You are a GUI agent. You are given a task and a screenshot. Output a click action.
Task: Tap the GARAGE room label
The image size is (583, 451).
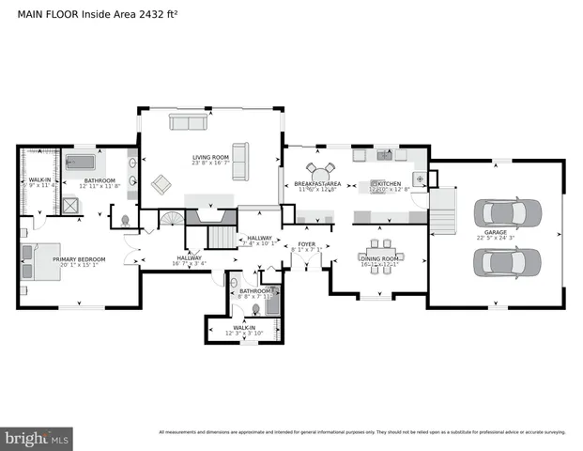pos(496,232)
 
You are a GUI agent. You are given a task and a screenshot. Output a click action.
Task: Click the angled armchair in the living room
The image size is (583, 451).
pos(162,184)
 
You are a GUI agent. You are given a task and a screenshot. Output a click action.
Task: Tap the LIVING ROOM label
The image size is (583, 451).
pos(211,157)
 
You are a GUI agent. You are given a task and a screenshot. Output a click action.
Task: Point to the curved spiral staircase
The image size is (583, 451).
pos(171,221)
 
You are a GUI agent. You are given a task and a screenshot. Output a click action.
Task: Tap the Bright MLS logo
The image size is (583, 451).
pos(37,438)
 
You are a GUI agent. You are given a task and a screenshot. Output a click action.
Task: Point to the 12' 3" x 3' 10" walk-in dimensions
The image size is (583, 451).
pos(246,334)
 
